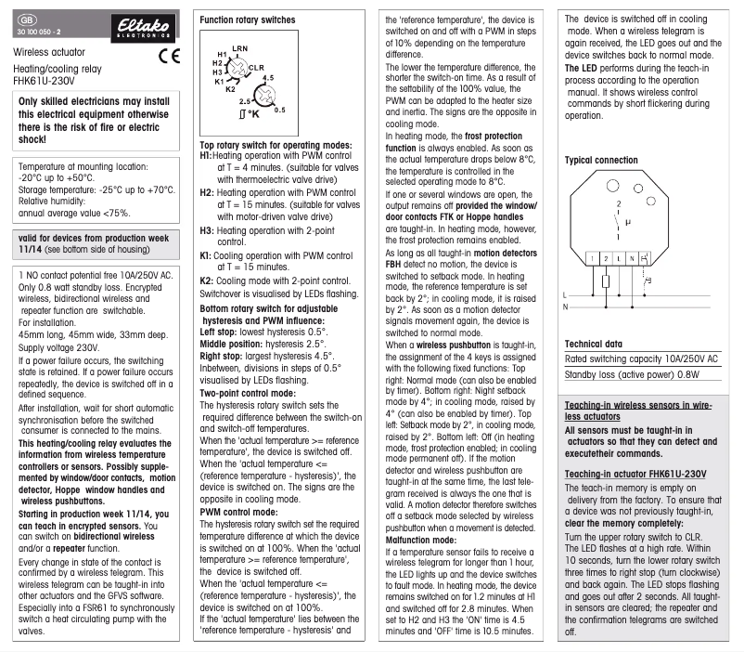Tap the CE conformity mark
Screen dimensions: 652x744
(169, 55)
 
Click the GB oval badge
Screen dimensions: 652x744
(27, 19)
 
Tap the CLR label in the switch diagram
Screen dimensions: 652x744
(257, 68)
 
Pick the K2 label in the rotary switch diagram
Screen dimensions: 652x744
(230, 88)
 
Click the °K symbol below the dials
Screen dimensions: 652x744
(248, 113)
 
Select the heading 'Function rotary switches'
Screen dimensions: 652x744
(248, 20)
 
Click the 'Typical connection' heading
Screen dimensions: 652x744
(601, 160)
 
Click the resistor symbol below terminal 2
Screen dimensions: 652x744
(605, 282)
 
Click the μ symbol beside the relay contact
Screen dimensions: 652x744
(627, 223)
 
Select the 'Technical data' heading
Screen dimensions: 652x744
(594, 345)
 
